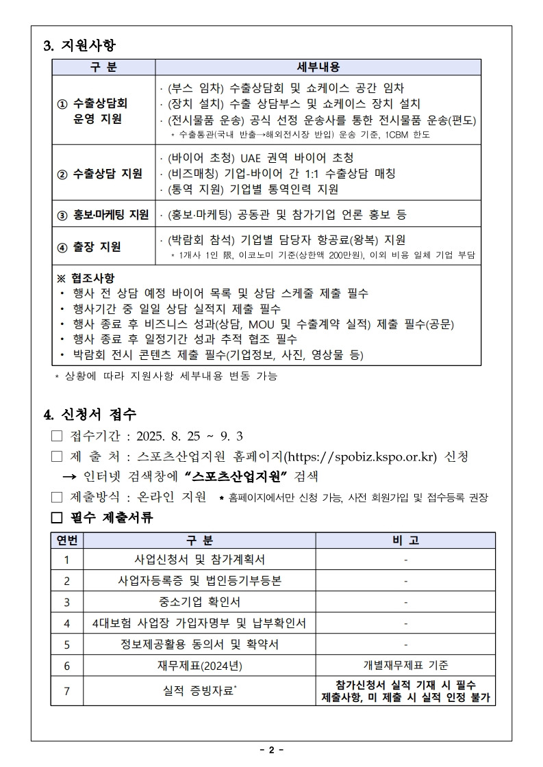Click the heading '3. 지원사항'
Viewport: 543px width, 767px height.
tap(79, 46)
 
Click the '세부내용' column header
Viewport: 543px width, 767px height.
tap(318, 67)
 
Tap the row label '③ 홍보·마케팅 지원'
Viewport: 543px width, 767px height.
tap(103, 215)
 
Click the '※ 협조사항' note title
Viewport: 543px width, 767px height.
tap(86, 278)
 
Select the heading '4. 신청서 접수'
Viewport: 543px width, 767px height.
tap(90, 415)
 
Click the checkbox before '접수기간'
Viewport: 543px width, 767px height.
tap(57, 437)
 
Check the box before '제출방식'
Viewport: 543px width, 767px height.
tap(57, 497)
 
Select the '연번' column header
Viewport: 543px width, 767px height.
tap(67, 541)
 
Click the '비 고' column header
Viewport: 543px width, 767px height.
tap(405, 541)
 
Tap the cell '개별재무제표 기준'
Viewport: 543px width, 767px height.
tap(405, 665)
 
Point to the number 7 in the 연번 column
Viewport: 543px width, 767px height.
tap(67, 691)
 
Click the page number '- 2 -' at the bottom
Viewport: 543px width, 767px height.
tap(271, 750)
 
